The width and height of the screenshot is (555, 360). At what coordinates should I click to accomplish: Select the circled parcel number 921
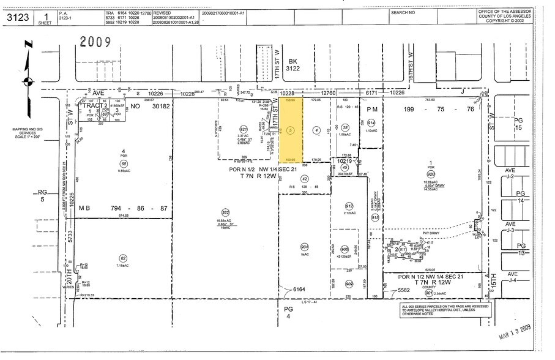pyautogui.click(x=243, y=129)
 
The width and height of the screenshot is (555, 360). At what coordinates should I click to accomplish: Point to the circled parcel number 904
pyautogui.click(x=304, y=248)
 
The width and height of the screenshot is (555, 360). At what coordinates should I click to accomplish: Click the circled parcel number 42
pyautogui.click(x=304, y=178)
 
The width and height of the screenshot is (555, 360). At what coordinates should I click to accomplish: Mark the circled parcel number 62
pyautogui.click(x=123, y=258)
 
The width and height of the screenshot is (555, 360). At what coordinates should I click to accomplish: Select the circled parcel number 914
pyautogui.click(x=371, y=122)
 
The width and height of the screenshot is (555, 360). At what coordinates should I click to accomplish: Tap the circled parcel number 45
pyautogui.click(x=345, y=168)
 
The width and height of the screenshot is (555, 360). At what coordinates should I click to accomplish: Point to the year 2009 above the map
pyautogui.click(x=94, y=42)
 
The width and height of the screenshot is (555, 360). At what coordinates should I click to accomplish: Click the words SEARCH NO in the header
pyautogui.click(x=403, y=12)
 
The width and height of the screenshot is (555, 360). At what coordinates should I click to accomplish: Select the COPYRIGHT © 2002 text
pyautogui.click(x=511, y=20)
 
